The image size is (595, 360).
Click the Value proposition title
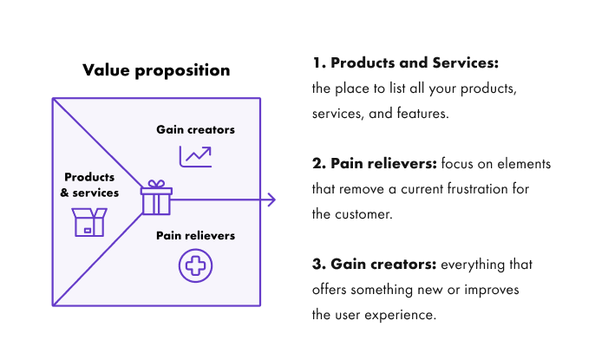click(156, 70)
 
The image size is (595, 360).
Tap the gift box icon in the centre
click(156, 198)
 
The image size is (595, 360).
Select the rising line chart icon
click(195, 156)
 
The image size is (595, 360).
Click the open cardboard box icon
click(88, 222)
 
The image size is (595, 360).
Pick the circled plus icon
click(195, 265)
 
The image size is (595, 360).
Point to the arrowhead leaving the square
click(271, 200)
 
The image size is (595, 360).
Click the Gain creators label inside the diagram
click(195, 130)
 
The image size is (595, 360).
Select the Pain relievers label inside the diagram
click(195, 235)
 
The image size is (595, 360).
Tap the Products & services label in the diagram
click(89, 186)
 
